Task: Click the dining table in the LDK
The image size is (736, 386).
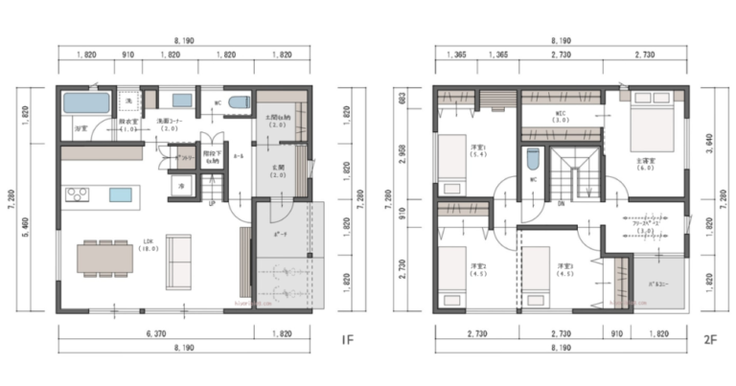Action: click(103, 256)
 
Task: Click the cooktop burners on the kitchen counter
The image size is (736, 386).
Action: click(77, 194)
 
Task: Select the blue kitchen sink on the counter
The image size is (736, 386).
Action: click(120, 194)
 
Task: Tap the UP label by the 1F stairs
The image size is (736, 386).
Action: click(212, 202)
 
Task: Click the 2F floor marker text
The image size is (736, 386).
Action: click(709, 339)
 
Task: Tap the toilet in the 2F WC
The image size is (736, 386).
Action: click(533, 159)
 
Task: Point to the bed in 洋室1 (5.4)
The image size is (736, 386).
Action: click(451, 160)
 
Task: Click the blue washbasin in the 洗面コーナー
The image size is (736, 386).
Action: click(179, 99)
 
